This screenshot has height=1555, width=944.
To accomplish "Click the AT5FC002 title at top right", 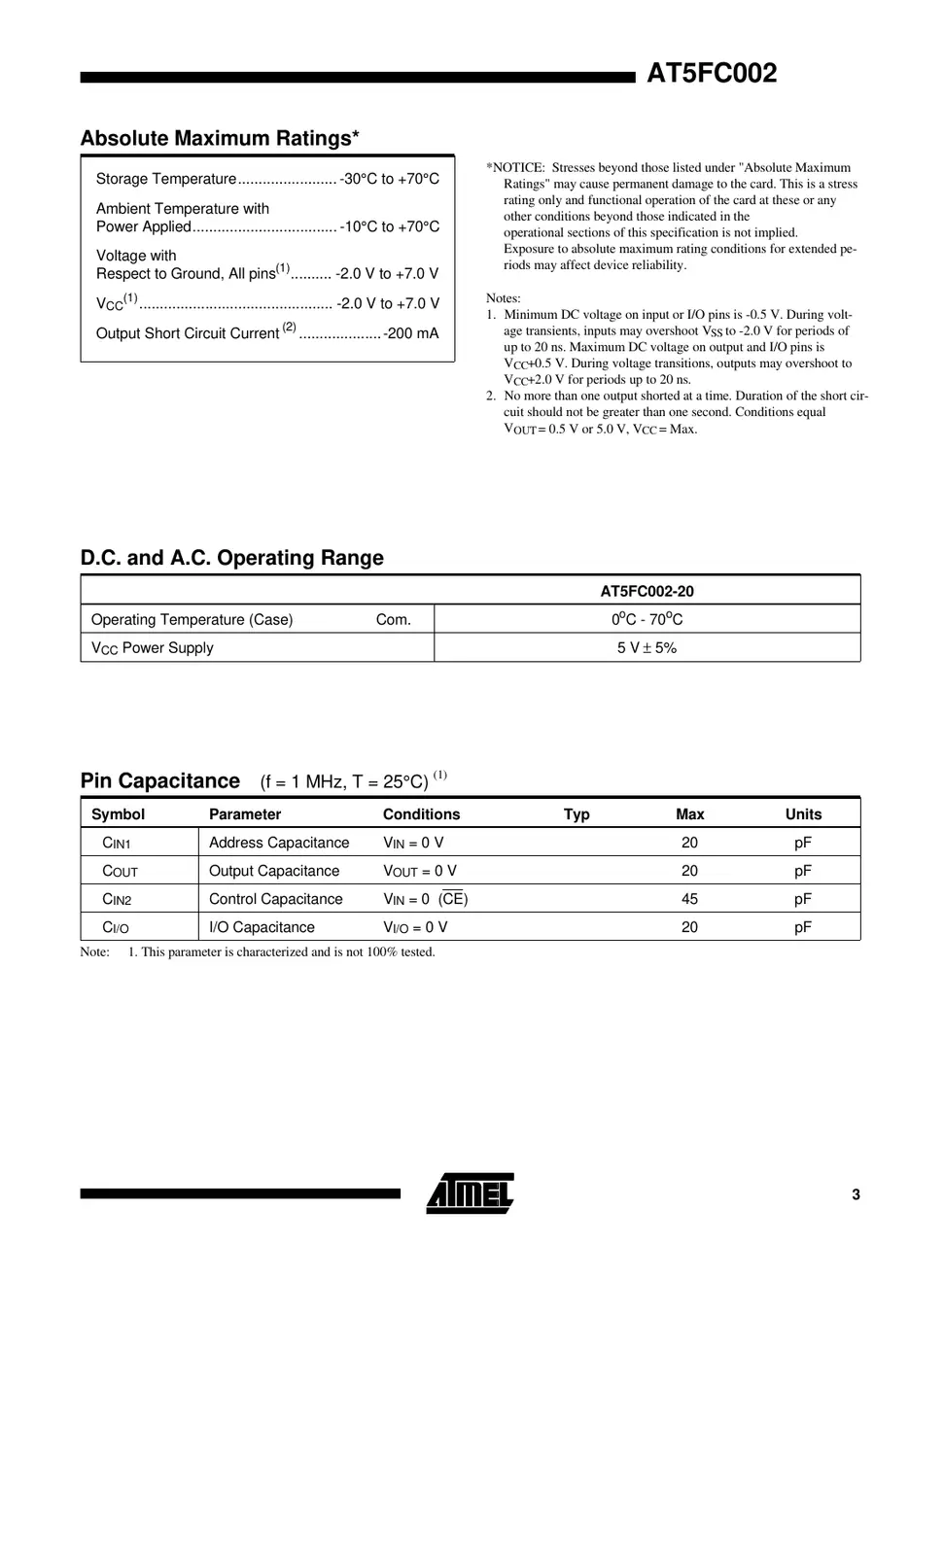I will pyautogui.click(x=712, y=74).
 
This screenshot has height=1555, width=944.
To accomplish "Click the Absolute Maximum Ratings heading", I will pyautogui.click(x=220, y=138).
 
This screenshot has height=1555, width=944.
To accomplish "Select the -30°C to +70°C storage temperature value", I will pyautogui.click(x=389, y=179).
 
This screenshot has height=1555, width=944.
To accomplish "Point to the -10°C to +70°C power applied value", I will pyautogui.click(x=389, y=226).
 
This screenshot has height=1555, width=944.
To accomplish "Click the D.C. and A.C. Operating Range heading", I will pyautogui.click(x=231, y=558).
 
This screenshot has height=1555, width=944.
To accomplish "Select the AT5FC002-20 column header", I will pyautogui.click(x=647, y=591).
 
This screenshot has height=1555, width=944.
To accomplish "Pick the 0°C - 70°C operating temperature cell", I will pyautogui.click(x=647, y=619).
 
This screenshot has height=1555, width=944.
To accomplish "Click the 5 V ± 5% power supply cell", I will pyautogui.click(x=647, y=647).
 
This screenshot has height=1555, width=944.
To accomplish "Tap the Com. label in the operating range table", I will pyautogui.click(x=393, y=619).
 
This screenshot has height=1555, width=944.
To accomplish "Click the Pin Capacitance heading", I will pyautogui.click(x=159, y=780).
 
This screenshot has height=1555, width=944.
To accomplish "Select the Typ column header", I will pyautogui.click(x=577, y=814).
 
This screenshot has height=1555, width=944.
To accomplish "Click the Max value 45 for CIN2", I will pyautogui.click(x=689, y=899).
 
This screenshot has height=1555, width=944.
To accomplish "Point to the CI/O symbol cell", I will pyautogui.click(x=116, y=928).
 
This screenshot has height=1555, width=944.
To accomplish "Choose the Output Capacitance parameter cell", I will pyautogui.click(x=274, y=871).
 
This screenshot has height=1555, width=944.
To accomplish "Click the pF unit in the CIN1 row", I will pyautogui.click(x=802, y=843).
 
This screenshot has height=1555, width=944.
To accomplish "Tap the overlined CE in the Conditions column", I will pyautogui.click(x=453, y=899).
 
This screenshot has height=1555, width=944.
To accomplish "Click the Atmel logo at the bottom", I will pyautogui.click(x=470, y=1193).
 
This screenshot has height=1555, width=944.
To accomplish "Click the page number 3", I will pyautogui.click(x=856, y=1194).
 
